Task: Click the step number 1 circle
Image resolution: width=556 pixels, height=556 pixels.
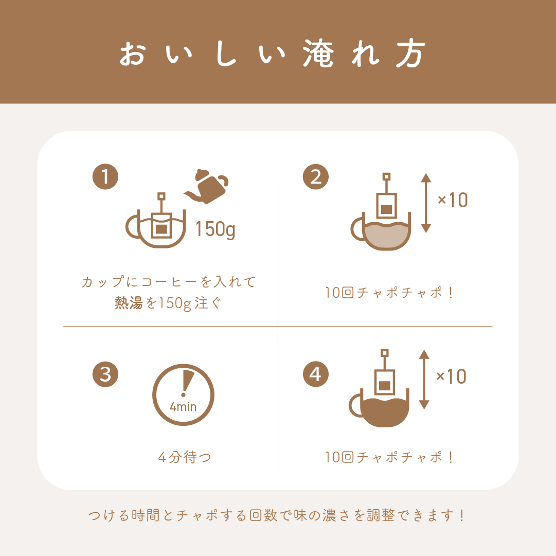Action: click(105, 176)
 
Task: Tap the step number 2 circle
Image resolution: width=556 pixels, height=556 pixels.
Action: click(316, 176)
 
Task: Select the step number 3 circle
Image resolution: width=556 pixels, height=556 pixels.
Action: click(105, 374)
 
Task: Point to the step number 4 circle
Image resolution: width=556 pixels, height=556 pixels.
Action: click(316, 374)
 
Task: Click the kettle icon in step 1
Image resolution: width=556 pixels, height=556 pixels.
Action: click(207, 187)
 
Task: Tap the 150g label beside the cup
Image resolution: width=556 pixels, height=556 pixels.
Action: click(215, 229)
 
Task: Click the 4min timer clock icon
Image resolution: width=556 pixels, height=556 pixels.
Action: click(183, 394)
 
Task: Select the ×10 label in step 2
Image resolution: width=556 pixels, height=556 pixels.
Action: click(453, 200)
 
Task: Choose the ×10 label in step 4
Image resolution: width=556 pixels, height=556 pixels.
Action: click(451, 376)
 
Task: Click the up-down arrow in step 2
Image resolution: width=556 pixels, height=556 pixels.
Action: click(426, 203)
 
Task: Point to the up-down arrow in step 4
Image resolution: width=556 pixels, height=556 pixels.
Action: click(424, 380)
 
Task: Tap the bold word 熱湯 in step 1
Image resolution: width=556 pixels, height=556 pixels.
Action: click(129, 303)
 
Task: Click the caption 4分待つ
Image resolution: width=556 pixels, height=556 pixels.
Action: click(184, 457)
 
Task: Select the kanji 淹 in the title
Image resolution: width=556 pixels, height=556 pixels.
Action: click(318, 53)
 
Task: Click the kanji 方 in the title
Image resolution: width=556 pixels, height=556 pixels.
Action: click(410, 53)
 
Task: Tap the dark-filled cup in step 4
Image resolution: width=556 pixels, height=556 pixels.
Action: click(380, 408)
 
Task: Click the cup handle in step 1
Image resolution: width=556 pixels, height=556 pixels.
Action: click(132, 226)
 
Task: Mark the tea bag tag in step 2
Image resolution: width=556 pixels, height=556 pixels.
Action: click(386, 176)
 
